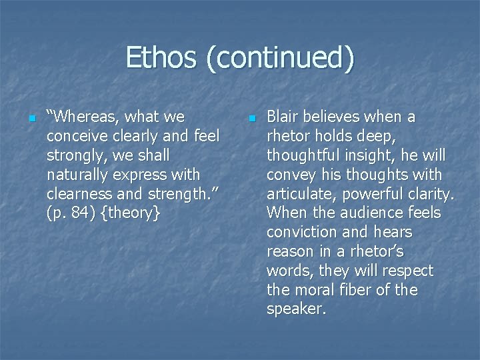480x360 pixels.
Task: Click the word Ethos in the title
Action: pos(161,57)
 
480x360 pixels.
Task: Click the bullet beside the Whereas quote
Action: pos(32,119)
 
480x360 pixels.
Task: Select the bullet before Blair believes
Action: pos(252,119)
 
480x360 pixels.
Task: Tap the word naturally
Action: pos(77,175)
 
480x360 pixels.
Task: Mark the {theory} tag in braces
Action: pos(130,213)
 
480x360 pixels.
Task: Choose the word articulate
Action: pos(301,195)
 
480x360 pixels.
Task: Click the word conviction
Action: pos(301,232)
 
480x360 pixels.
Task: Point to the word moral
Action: pos(314,290)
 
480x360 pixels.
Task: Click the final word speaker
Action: pos(296,309)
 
